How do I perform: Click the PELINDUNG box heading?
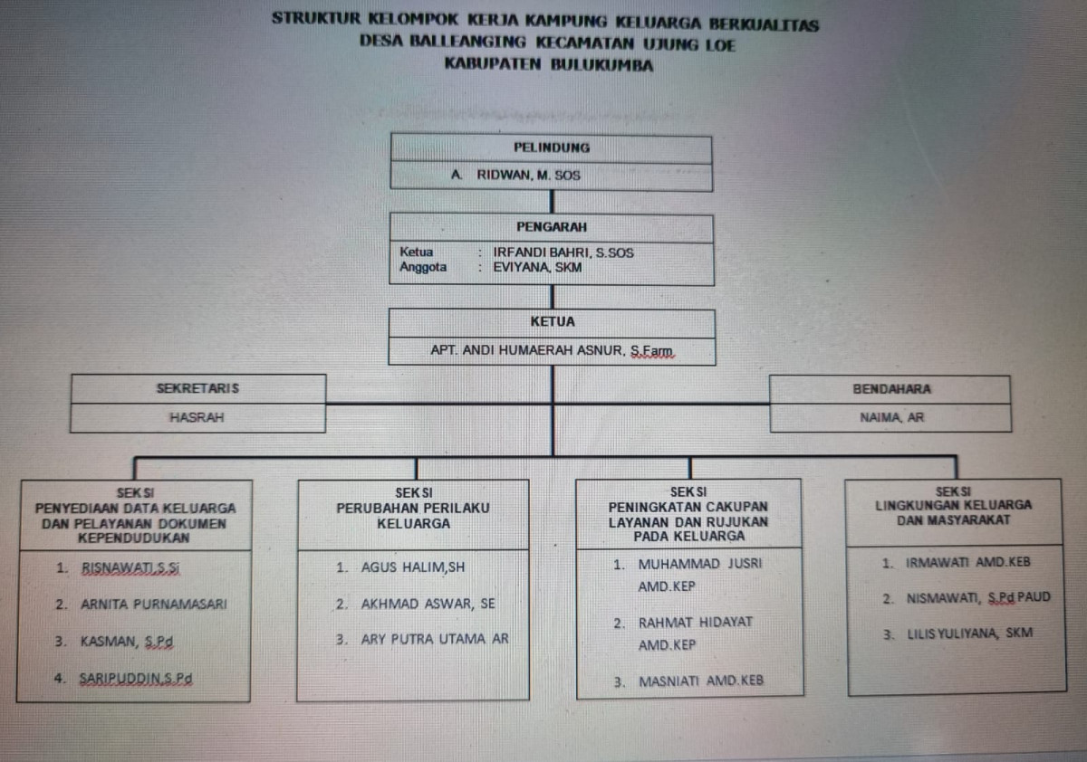551,148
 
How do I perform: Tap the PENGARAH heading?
551,227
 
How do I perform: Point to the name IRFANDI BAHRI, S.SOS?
563,252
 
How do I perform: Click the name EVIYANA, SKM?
537,268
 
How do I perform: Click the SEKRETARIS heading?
197,388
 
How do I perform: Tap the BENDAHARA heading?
891,389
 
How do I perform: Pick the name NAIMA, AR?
891,418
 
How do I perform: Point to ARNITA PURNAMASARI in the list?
153,605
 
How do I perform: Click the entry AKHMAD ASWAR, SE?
428,604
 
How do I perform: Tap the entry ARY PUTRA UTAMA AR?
435,639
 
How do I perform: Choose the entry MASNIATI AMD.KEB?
701,681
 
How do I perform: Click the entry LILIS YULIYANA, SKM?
969,634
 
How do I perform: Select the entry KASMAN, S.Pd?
125,642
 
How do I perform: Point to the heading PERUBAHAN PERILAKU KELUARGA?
413,515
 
